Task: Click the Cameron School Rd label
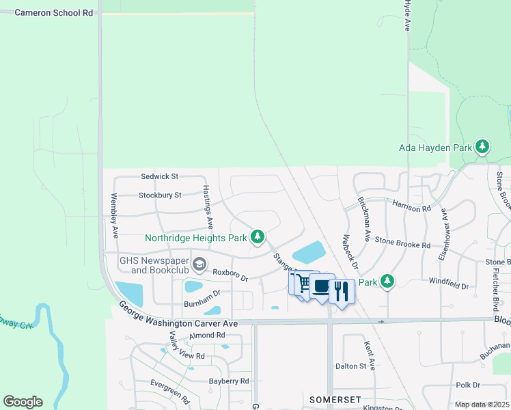(53, 12)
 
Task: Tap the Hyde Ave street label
(407, 15)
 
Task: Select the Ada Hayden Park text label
(436, 147)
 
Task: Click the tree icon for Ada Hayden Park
(482, 146)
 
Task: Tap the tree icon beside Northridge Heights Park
(258, 237)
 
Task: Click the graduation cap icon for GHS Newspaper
(199, 264)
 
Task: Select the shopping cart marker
(303, 283)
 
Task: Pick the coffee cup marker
(321, 287)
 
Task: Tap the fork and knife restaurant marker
(342, 290)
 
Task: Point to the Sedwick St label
(159, 176)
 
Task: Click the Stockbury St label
(159, 195)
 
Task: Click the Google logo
(23, 402)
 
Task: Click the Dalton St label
(351, 366)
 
